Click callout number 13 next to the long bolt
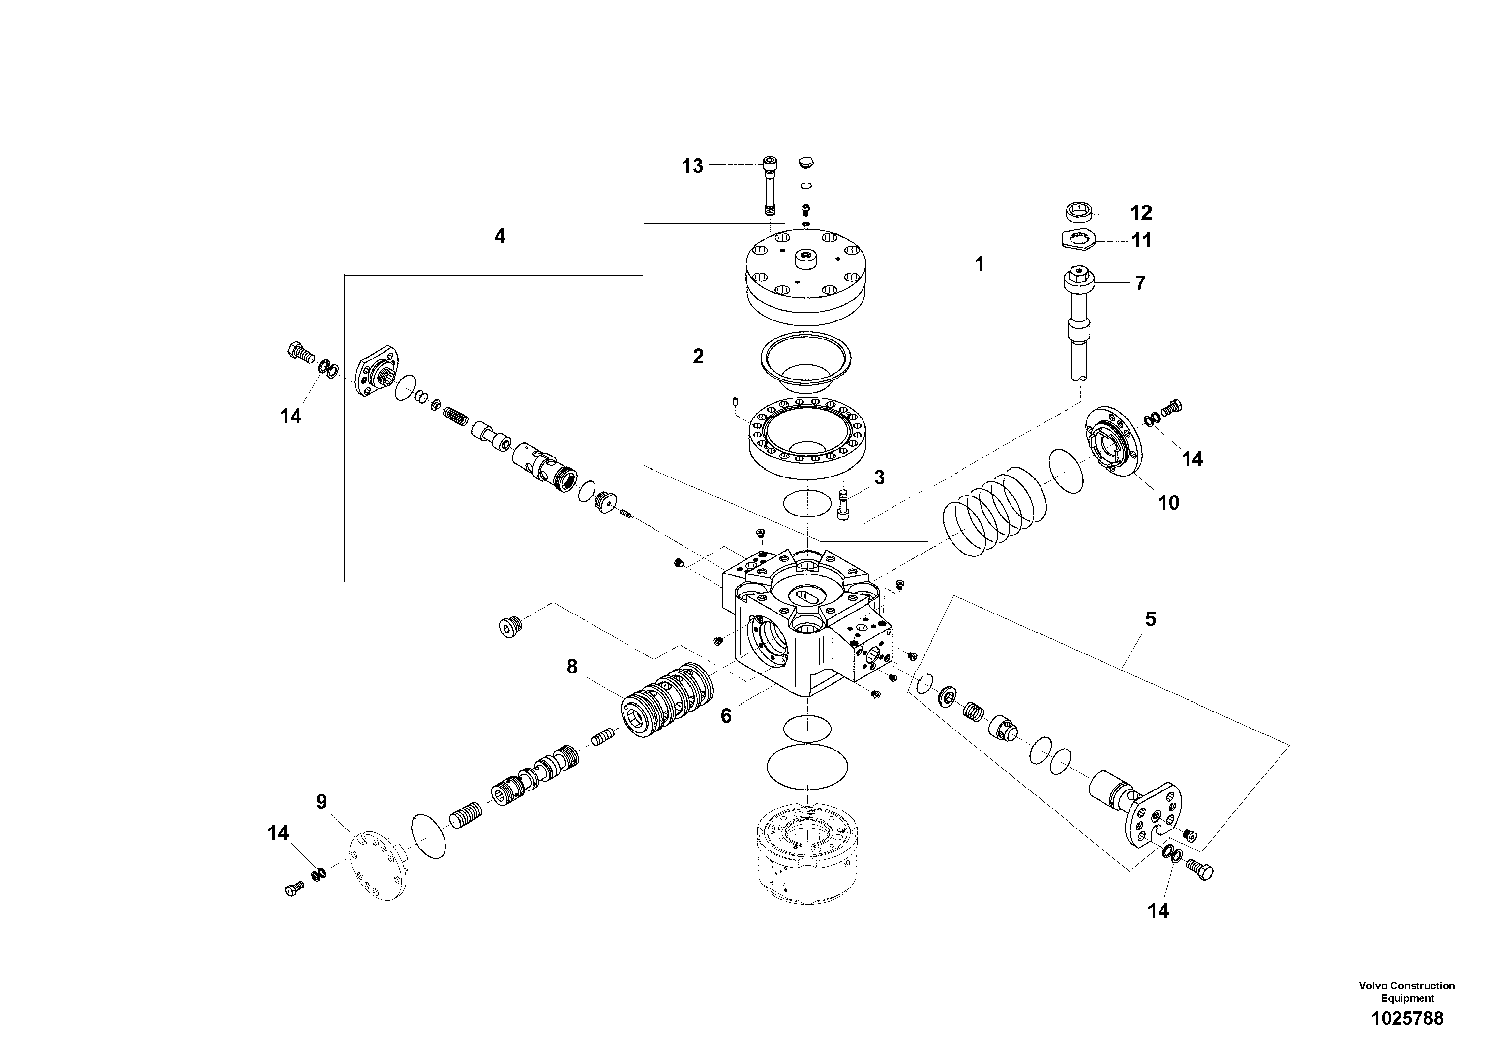(692, 166)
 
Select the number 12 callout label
(1141, 213)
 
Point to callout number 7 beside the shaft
(1139, 283)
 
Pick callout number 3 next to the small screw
(879, 477)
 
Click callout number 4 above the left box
(499, 236)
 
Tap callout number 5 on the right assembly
(1151, 619)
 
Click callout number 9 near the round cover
(322, 802)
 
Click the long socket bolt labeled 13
(770, 186)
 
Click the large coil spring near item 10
(993, 509)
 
